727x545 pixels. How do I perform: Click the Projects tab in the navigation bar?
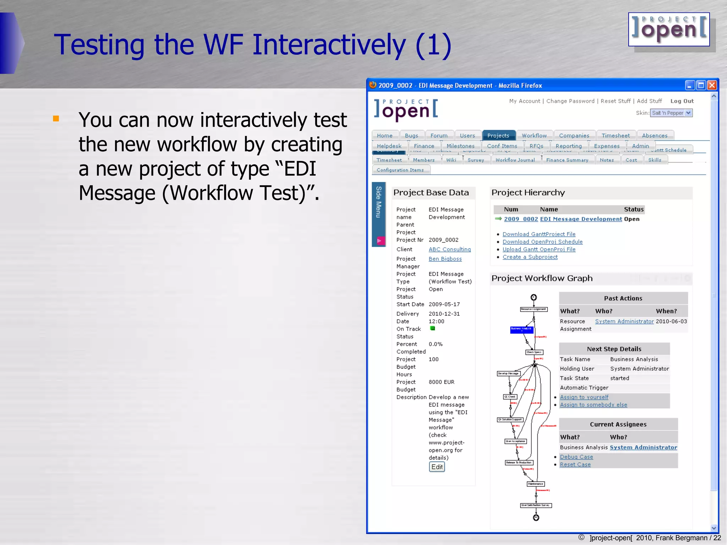[498, 136]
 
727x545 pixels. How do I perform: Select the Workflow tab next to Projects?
[534, 136]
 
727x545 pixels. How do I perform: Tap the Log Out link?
[682, 101]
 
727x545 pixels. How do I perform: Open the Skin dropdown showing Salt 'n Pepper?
[672, 113]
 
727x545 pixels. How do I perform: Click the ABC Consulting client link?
[449, 249]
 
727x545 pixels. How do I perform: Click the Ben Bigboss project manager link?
[445, 259]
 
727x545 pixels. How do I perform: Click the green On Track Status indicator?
[432, 329]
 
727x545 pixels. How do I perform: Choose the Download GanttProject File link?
[539, 234]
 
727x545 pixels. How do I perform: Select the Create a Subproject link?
[530, 257]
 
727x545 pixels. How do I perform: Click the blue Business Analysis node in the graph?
[521, 330]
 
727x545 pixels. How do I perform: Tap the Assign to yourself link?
[584, 397]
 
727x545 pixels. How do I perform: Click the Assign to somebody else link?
[593, 405]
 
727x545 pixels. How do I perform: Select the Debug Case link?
[576, 457]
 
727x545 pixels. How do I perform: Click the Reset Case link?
[575, 464]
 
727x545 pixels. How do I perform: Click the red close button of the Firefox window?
[712, 86]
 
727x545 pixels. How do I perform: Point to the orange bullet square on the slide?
[56, 119]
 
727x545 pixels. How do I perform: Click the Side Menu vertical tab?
[378, 202]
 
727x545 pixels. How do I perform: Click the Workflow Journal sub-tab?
[515, 160]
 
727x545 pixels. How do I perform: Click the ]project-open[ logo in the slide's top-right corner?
[669, 30]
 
